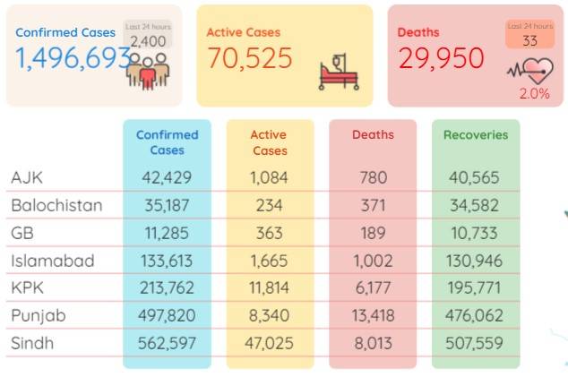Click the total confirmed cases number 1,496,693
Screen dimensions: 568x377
point(73,58)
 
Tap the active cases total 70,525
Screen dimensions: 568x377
point(250,58)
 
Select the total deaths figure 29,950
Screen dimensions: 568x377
point(441,58)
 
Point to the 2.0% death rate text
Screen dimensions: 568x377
point(534,94)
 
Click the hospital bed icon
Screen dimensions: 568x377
point(339,72)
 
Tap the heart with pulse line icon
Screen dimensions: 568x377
point(530,71)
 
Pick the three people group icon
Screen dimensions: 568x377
point(148,72)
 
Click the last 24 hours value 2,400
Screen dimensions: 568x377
point(148,42)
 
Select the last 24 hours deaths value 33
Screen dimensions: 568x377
point(529,40)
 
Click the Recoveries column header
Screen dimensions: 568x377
point(476,134)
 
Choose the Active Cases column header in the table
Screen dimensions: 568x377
point(270,142)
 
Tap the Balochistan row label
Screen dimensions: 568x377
point(56,205)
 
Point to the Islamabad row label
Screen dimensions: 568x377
point(53,261)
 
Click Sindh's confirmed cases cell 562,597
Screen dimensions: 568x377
point(167,343)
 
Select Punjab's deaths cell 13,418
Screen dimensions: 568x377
point(373,315)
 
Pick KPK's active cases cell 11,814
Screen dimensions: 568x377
point(269,288)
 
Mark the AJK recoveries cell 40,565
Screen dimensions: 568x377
point(474,177)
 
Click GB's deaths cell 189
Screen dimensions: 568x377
point(373,233)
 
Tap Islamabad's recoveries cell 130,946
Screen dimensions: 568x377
point(474,261)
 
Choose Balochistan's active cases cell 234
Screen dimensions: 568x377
point(269,206)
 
